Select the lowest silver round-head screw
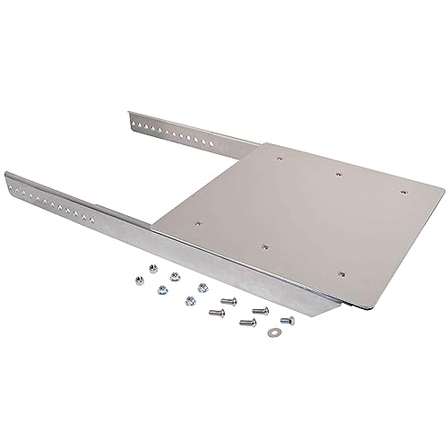pos(244,323)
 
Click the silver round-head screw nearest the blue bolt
pos(260,310)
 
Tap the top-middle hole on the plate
pos(340,173)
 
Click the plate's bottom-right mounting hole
pos(342,269)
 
